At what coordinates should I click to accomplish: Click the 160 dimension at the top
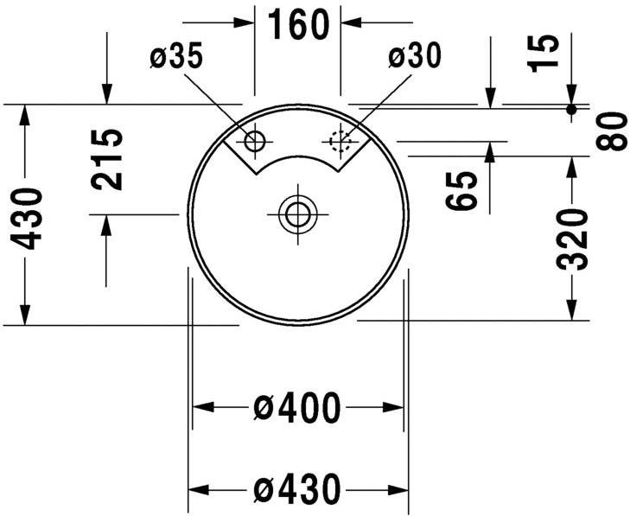(298, 25)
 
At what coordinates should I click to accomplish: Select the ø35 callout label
(176, 58)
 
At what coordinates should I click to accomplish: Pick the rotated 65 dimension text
(463, 191)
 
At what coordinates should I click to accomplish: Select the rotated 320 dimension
(571, 239)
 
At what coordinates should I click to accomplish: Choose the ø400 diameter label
(297, 407)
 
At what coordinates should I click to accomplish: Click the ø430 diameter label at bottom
(297, 490)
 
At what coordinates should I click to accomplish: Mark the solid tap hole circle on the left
(256, 140)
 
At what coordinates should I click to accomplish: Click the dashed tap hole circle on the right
(340, 139)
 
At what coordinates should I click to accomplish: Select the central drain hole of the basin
(297, 213)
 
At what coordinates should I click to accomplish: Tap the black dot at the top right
(571, 109)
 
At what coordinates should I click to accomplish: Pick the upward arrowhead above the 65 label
(490, 153)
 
